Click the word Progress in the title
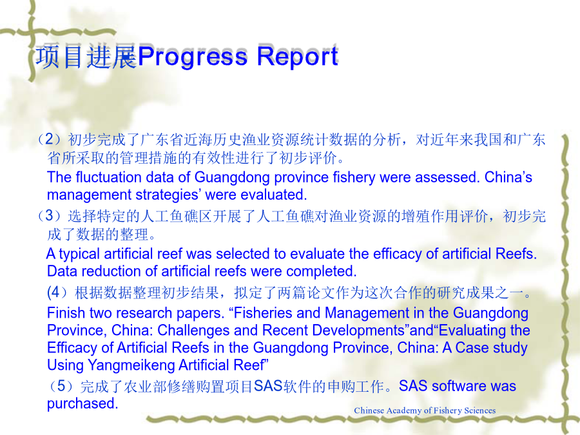coord(192,57)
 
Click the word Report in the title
coord(297,57)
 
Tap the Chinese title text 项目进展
coord(86,57)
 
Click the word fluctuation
coord(108,177)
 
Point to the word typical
coord(79,254)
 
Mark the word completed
coord(322,271)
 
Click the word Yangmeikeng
coord(131,365)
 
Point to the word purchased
coord(82,403)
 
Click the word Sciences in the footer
coord(479,411)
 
